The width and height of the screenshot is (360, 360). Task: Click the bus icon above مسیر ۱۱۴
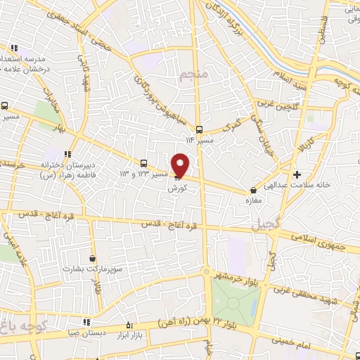[x=199, y=129]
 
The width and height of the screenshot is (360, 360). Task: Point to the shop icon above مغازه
[x=254, y=190]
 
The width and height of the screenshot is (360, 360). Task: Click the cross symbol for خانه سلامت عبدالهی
[x=297, y=174]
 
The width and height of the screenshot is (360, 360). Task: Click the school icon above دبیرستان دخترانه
[x=67, y=155]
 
